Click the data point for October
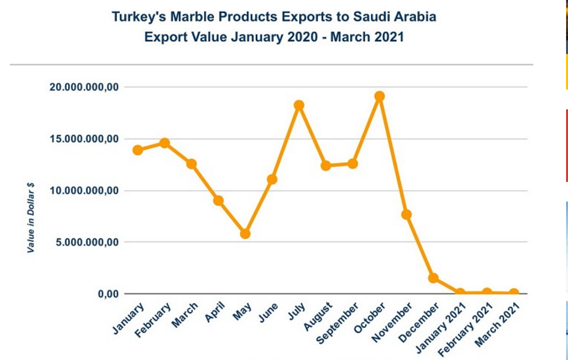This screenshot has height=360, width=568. click(380, 96)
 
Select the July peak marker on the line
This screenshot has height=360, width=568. click(299, 105)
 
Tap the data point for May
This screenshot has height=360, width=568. click(245, 234)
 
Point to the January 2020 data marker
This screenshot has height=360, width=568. click(137, 150)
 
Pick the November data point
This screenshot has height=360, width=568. click(406, 215)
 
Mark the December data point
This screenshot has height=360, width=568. click(433, 278)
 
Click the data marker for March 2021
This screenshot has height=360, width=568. click(514, 293)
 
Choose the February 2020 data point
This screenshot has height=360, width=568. click(165, 143)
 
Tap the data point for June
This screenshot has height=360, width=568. click(272, 179)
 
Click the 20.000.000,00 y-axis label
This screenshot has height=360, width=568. click(83, 87)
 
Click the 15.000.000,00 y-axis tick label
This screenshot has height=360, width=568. click(83, 139)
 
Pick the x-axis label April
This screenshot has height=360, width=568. click(215, 314)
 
